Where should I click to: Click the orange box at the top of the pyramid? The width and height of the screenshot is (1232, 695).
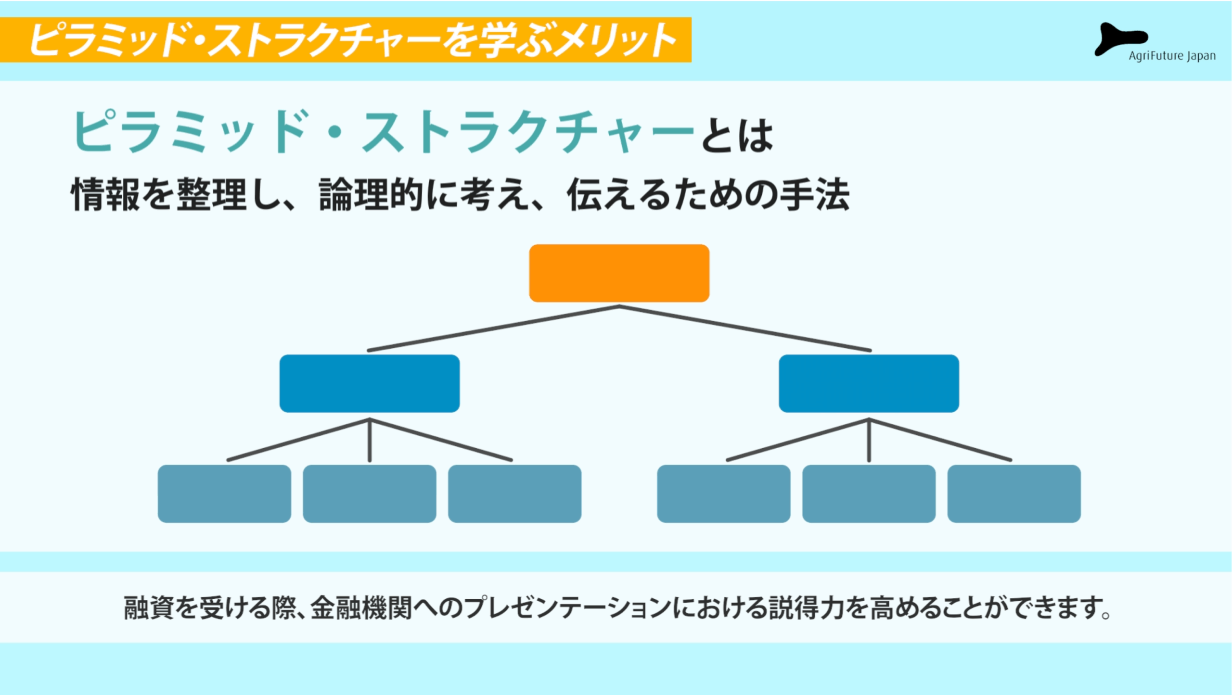tap(619, 273)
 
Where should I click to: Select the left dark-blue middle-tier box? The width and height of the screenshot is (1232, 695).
tap(370, 383)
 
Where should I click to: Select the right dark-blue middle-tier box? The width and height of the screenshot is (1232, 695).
tap(869, 383)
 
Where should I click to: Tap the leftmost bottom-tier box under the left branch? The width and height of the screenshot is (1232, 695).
tap(224, 493)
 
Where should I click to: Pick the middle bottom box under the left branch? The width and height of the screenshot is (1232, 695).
tap(370, 493)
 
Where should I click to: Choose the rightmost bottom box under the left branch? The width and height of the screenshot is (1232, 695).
tap(514, 493)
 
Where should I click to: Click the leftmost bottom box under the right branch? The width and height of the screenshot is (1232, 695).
tap(724, 493)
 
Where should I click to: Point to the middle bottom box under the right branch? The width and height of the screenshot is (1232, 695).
tap(869, 493)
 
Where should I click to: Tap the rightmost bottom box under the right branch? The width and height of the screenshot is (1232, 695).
tap(1014, 493)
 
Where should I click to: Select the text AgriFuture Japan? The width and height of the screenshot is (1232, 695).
tap(1172, 56)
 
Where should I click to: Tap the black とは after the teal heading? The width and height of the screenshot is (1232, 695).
tap(737, 136)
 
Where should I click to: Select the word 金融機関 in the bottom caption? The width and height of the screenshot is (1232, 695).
tap(361, 607)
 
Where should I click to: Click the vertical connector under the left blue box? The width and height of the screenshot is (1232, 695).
tap(370, 440)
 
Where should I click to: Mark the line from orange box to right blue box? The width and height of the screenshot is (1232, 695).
tap(745, 328)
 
